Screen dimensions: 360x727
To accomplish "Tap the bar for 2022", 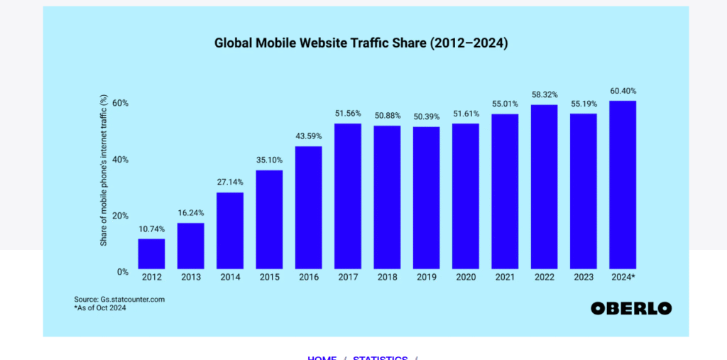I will (544, 186).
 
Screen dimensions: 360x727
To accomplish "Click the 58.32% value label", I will (544, 94).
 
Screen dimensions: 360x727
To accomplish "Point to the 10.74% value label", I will (151, 229).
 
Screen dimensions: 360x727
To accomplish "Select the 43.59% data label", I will (308, 136).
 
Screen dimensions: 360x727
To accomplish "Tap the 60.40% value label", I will (623, 91).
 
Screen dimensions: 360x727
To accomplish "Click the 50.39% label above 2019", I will (426, 116).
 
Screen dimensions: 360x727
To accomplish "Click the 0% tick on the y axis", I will (122, 272).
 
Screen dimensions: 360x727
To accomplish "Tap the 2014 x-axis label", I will (229, 277).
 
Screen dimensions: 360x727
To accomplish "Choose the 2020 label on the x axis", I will (465, 277).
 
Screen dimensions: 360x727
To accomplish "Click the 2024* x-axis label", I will (623, 277).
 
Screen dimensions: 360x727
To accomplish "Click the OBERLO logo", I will (630, 308).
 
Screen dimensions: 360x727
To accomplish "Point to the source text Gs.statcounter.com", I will (119, 300).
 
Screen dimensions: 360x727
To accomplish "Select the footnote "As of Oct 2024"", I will (100, 308).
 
